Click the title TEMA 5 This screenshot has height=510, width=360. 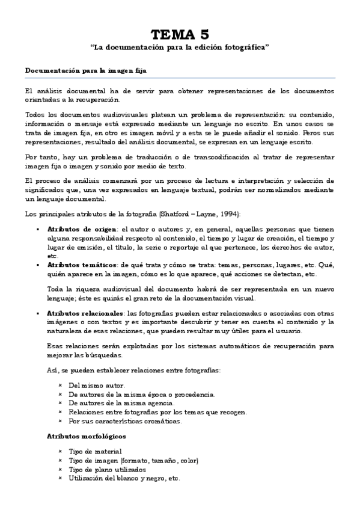click(180, 34)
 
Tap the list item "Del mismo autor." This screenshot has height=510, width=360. click(97, 385)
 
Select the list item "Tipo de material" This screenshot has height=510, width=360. click(96, 451)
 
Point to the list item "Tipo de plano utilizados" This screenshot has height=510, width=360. click(108, 469)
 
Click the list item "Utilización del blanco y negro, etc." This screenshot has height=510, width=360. click(124, 478)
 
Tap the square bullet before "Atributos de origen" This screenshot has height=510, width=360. click(38, 229)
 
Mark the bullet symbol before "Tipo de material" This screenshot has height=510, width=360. click(61, 451)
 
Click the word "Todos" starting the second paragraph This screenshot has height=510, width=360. click(35, 114)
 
